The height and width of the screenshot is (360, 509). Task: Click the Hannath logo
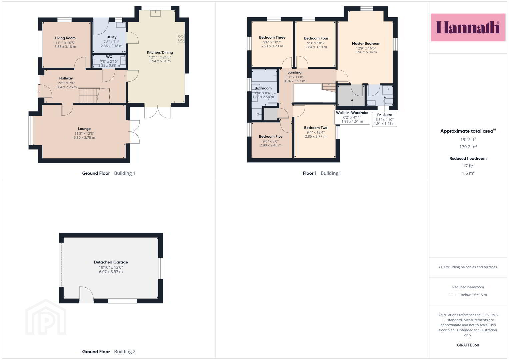(x=468, y=27)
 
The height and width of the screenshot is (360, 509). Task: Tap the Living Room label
(x=65, y=38)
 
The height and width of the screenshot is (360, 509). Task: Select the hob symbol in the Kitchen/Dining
(x=181, y=38)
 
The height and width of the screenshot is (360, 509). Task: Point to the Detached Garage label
(x=111, y=262)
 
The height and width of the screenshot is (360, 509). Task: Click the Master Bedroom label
(x=366, y=43)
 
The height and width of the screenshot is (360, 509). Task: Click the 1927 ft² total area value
(x=468, y=139)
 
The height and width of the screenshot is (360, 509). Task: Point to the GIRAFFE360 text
(x=468, y=345)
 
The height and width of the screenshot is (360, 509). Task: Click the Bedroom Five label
(x=271, y=136)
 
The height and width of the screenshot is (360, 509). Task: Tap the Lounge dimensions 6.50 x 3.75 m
(x=84, y=137)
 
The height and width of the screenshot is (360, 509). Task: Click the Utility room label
(x=111, y=37)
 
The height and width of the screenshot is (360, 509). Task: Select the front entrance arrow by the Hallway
(x=37, y=91)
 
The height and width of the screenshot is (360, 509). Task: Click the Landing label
(x=294, y=72)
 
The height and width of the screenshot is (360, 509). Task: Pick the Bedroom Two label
(x=316, y=128)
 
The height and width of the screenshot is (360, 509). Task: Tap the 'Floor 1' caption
(x=309, y=173)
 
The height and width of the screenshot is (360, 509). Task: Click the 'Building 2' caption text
(x=125, y=352)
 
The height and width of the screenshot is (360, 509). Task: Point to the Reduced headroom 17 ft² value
(x=468, y=166)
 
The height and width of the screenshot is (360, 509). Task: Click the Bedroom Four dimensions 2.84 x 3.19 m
(x=316, y=47)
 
